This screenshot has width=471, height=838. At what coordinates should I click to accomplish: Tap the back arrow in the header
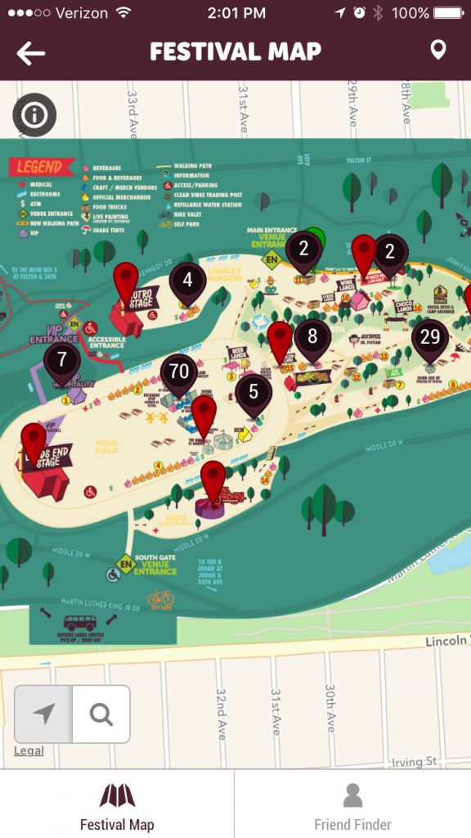pyautogui.click(x=31, y=53)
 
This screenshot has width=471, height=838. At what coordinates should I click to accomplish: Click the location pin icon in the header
pyautogui.click(x=438, y=51)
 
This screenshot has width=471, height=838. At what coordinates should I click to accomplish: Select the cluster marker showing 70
pyautogui.click(x=179, y=372)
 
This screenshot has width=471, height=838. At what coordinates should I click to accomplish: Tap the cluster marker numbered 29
pyautogui.click(x=429, y=336)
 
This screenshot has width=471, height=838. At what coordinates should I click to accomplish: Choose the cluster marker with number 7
pyautogui.click(x=61, y=359)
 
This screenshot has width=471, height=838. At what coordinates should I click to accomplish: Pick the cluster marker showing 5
pyautogui.click(x=253, y=393)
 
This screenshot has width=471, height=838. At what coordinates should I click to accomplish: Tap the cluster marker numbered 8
pyautogui.click(x=312, y=336)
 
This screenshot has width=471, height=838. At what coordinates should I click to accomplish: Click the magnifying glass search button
pyautogui.click(x=101, y=714)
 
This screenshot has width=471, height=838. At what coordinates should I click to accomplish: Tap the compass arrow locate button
pyautogui.click(x=43, y=714)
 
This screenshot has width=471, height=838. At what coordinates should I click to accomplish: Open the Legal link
pyautogui.click(x=29, y=751)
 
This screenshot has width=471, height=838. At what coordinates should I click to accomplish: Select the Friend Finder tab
pyautogui.click(x=352, y=805)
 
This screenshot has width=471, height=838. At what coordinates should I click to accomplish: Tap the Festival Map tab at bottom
pyautogui.click(x=117, y=805)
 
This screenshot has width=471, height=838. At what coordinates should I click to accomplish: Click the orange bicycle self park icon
pyautogui.click(x=161, y=597)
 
